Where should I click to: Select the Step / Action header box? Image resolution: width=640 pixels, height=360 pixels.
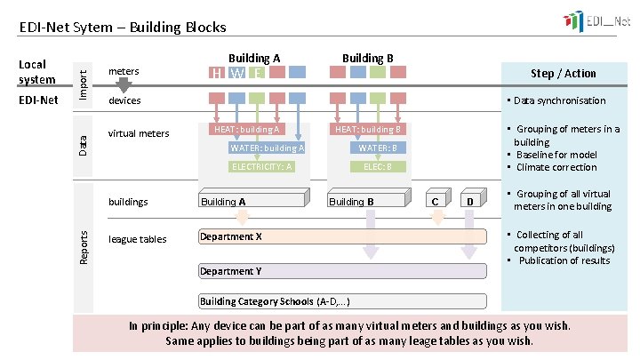click(x=563, y=73)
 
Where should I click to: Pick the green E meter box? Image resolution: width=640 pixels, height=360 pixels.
click(x=258, y=73)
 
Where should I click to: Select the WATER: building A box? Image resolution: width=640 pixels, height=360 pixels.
click(x=267, y=148)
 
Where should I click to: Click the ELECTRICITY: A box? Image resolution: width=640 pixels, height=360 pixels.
click(x=261, y=166)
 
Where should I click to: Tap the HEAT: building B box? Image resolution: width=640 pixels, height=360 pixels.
click(x=368, y=130)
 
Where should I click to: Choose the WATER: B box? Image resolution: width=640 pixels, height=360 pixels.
click(x=377, y=148)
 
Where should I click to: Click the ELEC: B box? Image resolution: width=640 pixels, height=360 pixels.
click(x=372, y=166)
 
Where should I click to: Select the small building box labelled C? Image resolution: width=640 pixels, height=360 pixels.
click(x=435, y=202)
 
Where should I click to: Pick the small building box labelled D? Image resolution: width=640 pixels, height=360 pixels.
click(x=471, y=202)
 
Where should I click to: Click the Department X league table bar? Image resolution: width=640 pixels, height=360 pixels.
click(x=342, y=236)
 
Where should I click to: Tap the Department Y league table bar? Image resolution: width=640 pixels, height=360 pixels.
click(x=342, y=271)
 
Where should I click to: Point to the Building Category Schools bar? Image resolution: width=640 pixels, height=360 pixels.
click(x=342, y=301)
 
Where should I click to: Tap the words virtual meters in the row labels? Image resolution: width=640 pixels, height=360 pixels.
click(x=138, y=134)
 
